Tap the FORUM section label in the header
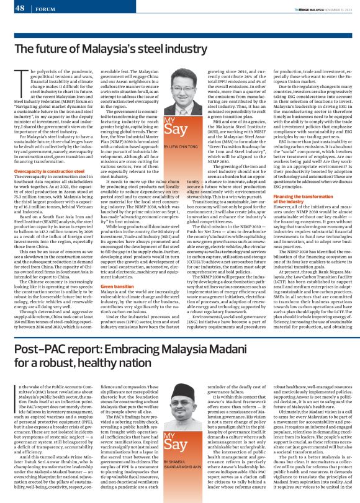[x=45, y=9]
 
